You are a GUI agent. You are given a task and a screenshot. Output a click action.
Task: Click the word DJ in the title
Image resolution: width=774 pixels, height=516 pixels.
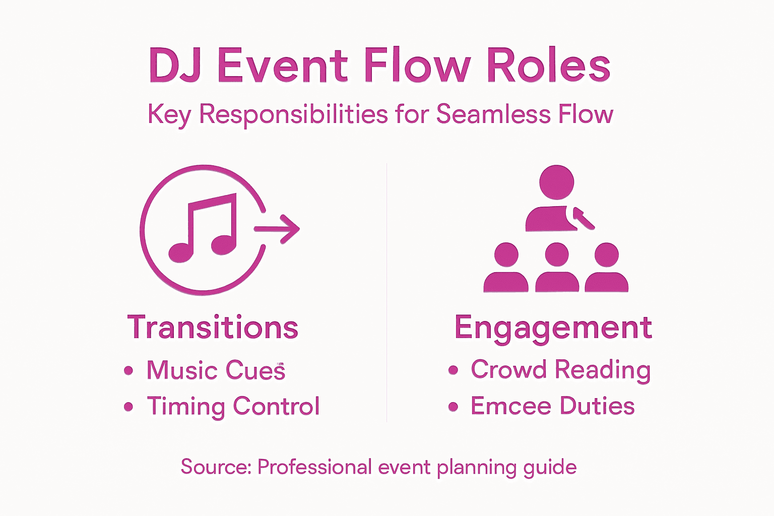pyautogui.click(x=174, y=66)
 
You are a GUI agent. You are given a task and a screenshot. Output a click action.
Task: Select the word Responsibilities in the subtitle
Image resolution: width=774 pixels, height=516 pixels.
pyautogui.click(x=293, y=114)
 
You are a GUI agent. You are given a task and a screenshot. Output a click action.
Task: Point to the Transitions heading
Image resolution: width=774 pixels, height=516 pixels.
pyautogui.click(x=213, y=328)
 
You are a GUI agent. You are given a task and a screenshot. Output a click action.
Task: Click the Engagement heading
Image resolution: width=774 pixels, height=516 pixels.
pyautogui.click(x=553, y=328)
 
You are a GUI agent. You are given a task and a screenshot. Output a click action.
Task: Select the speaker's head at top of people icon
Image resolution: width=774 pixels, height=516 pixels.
pyautogui.click(x=556, y=182)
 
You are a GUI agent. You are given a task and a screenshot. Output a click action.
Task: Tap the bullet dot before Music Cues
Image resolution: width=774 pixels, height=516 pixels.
pyautogui.click(x=128, y=370)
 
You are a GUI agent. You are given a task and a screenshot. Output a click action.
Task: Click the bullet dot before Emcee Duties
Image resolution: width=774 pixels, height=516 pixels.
pyautogui.click(x=453, y=406)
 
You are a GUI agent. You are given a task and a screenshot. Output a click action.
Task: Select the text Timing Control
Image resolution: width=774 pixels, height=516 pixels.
pyautogui.click(x=233, y=406)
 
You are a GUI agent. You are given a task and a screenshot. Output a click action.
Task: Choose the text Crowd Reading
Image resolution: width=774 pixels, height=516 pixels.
pyautogui.click(x=560, y=369)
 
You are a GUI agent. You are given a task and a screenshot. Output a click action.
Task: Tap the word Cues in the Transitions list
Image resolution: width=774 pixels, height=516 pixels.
pyautogui.click(x=255, y=370)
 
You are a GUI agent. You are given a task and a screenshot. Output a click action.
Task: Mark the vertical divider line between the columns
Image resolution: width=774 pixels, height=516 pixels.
pyautogui.click(x=386, y=292)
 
